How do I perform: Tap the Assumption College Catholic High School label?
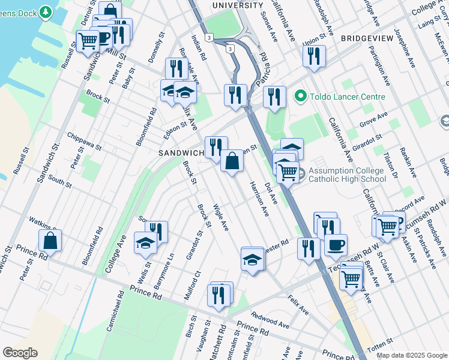tap(347, 175)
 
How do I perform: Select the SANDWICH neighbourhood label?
tap(182, 153)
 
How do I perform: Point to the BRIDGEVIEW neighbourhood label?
tap(367, 38)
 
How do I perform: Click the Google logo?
tap(20, 353)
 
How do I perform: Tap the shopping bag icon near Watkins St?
tap(50, 241)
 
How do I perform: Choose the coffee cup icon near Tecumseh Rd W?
tap(336, 245)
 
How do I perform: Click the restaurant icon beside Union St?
tap(314, 56)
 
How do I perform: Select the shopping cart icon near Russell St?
tap(88, 41)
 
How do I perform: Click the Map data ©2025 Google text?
tap(412, 355)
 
